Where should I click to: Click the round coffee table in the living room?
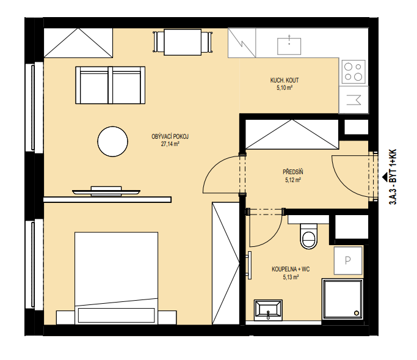(113, 141)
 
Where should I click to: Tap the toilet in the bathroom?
(309, 236)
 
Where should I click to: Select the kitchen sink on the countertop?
(289, 46)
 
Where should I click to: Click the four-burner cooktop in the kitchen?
(354, 72)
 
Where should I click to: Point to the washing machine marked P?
(348, 260)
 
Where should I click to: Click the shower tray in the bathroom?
(343, 299)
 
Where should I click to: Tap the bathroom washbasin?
(268, 310)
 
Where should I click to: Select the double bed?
(116, 278)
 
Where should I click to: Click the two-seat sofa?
(110, 85)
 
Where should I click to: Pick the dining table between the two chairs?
(183, 42)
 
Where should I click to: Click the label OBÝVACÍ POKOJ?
(170, 136)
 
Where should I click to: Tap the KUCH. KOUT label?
(285, 80)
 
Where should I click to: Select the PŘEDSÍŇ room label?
(293, 172)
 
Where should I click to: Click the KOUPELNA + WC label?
(291, 269)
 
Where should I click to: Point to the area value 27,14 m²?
(170, 144)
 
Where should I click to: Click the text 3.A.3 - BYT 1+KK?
(393, 177)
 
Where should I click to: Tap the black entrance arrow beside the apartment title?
(385, 177)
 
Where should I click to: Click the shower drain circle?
(357, 313)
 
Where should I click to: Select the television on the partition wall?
(106, 191)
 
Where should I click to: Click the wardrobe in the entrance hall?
(292, 134)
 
